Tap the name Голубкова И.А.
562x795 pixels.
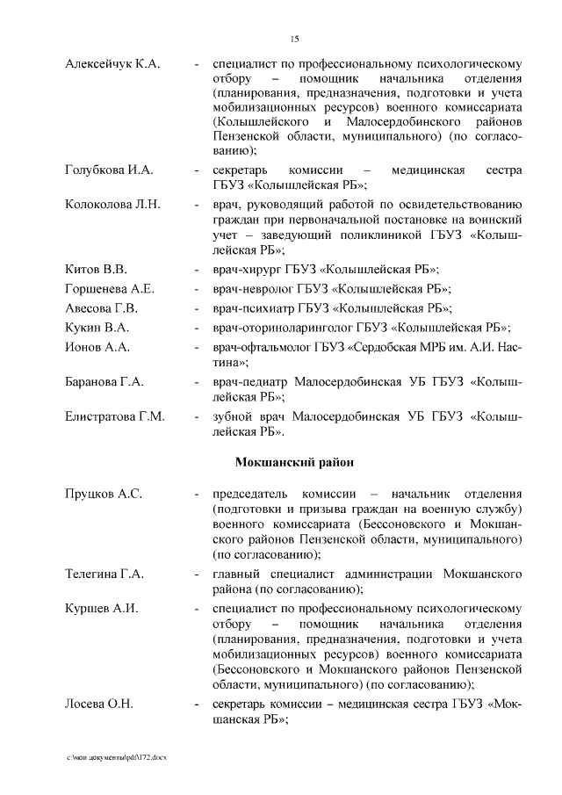(110, 170)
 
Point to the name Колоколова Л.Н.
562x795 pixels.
(112, 205)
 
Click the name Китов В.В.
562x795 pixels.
(97, 269)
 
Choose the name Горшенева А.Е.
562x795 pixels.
(110, 289)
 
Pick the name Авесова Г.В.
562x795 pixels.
(102, 308)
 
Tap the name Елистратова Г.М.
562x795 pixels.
(115, 417)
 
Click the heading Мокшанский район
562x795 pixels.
(295, 461)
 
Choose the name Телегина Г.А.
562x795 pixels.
(104, 574)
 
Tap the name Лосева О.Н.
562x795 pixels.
(100, 705)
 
